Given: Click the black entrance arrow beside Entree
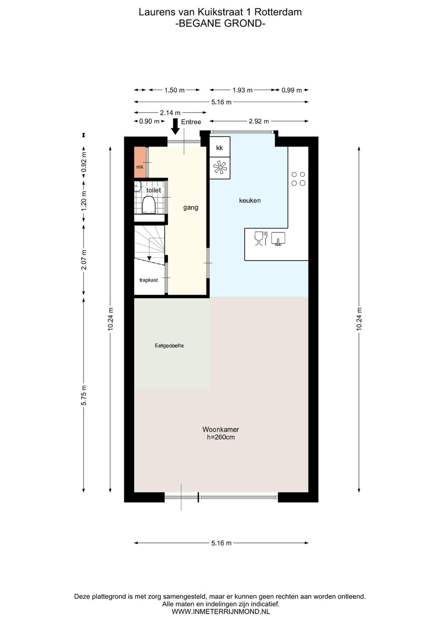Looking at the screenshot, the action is coord(175,126).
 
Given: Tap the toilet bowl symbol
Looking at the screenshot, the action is coord(148,204).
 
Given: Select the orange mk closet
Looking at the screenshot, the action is coord(140,162).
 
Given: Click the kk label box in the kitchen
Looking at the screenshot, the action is coord(220,147).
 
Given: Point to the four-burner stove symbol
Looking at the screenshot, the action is coord(298,178).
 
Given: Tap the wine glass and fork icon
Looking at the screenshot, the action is coord(261,238).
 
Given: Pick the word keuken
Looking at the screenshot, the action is coord(250,201).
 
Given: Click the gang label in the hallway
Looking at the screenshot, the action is coord(191,208).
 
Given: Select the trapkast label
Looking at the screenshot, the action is coord(148,280).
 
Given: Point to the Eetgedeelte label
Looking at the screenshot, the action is coord(169,346).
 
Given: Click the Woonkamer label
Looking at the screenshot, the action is coord(221,429).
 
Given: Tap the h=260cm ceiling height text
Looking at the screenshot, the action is coord(221,437).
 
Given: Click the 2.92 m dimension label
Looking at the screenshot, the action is coord(259,121).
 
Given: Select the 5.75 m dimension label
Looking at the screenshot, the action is coord(84,395).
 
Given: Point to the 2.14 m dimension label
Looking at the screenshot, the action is coord(170,113).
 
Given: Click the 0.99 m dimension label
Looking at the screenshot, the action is coord(292,90).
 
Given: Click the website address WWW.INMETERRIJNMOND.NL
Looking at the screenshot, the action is coord(221,611).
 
